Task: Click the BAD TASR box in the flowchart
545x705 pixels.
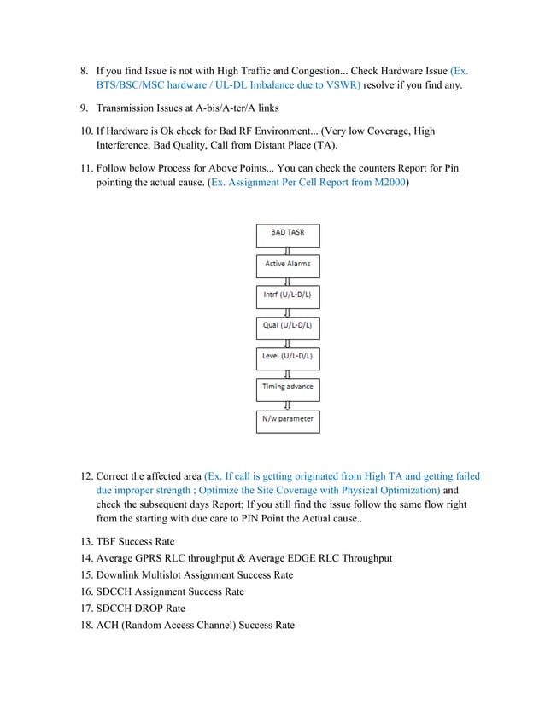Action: point(288,233)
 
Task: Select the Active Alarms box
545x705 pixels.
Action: point(288,264)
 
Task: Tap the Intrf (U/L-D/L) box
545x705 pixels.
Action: point(288,295)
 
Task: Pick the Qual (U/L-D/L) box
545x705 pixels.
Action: point(288,325)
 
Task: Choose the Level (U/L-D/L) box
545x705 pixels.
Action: point(288,356)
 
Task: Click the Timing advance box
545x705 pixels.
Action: point(288,387)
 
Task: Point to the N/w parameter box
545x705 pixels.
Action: point(288,419)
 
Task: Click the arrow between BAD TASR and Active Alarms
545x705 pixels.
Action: point(288,249)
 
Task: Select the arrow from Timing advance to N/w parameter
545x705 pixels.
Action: point(288,404)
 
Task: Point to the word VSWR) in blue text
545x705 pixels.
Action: point(341,86)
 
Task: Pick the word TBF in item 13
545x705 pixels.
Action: point(108,541)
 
